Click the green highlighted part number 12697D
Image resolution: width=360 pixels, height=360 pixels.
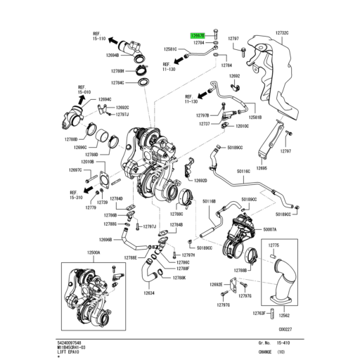point(198,34)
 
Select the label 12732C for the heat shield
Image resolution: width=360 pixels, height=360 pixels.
point(283,33)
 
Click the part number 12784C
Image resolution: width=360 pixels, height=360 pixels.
point(115,82)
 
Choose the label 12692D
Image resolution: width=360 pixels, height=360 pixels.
point(200,180)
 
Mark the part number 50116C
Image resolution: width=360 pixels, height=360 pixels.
point(243,171)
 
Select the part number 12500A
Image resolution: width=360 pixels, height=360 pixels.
point(94,252)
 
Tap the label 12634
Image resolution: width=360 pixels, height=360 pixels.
point(150,293)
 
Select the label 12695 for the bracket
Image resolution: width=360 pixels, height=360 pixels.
point(262,168)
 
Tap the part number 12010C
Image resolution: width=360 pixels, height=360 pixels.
point(242,126)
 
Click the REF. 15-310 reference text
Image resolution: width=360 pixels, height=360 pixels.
point(77,194)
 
